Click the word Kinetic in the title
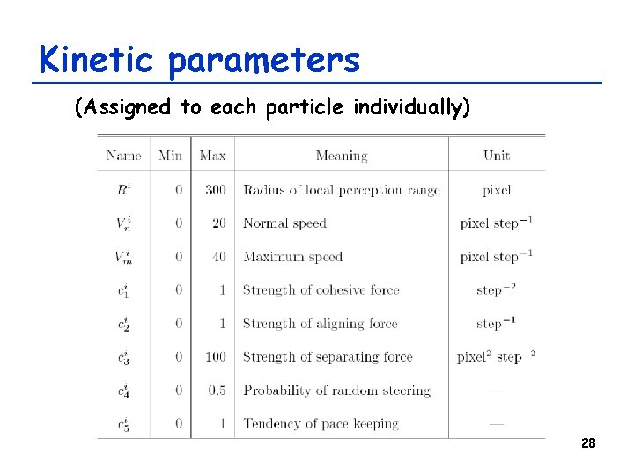click(x=98, y=60)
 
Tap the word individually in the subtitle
click(x=411, y=107)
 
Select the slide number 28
click(x=588, y=443)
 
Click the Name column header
click(x=123, y=156)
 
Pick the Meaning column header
click(x=341, y=156)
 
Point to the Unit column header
click(x=497, y=156)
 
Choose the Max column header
click(x=212, y=156)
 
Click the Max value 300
click(x=215, y=190)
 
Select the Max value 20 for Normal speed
click(x=218, y=223)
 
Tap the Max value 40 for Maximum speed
click(x=218, y=257)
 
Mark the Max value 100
click(x=215, y=357)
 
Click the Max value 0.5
click(x=217, y=391)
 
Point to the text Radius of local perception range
click(x=341, y=190)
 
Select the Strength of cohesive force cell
click(x=321, y=290)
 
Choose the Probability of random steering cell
click(x=336, y=391)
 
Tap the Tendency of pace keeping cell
click(x=321, y=424)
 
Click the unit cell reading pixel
click(x=497, y=190)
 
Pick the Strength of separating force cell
click(x=328, y=357)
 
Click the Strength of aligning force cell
click(x=320, y=324)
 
